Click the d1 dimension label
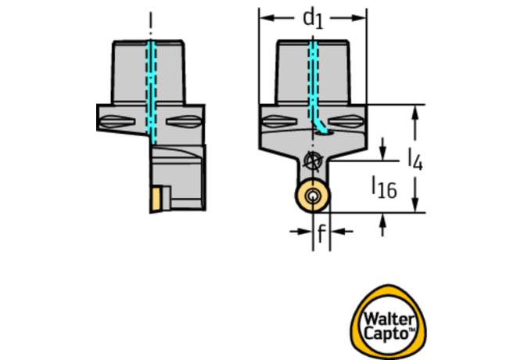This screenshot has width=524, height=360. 313,20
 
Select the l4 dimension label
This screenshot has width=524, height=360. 416,160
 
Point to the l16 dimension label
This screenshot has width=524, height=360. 385,188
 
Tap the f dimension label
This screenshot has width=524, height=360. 321,233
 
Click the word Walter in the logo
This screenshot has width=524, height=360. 388,319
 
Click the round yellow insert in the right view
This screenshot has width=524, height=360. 313,196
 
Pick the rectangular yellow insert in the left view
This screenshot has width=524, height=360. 156,200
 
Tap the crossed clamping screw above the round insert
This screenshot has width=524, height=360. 313,160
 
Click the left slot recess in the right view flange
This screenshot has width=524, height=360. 280,121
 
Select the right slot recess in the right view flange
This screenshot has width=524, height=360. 346,121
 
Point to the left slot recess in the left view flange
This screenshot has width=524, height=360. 117,121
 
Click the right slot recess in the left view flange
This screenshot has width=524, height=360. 184,121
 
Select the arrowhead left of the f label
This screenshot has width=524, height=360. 305,231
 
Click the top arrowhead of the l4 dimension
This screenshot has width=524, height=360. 415,113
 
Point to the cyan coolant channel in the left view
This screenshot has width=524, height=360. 152,92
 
